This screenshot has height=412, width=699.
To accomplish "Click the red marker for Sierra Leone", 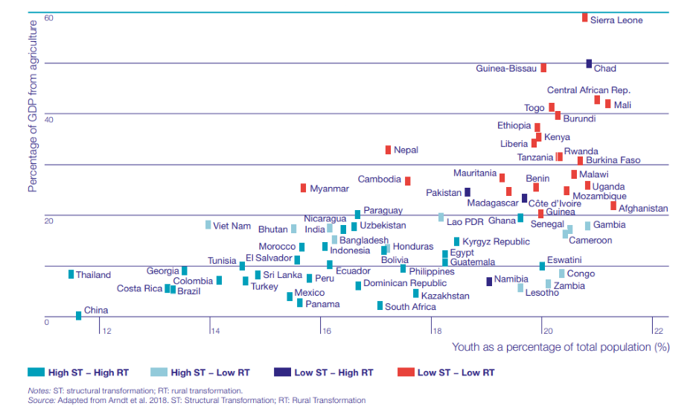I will pyautogui.click(x=584, y=17).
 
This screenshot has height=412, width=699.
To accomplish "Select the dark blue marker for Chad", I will pyautogui.click(x=589, y=64).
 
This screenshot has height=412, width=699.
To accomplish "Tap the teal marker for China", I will pyautogui.click(x=78, y=315).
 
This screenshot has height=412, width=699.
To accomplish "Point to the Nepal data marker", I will pyautogui.click(x=388, y=150).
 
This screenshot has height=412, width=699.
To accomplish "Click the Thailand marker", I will pyautogui.click(x=71, y=274).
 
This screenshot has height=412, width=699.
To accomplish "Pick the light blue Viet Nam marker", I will pyautogui.click(x=208, y=225).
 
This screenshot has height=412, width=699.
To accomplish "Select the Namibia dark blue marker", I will pyautogui.click(x=489, y=282).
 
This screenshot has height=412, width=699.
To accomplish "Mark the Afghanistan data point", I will pyautogui.click(x=613, y=206).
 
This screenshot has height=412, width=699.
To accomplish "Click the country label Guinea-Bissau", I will pyautogui.click(x=506, y=69).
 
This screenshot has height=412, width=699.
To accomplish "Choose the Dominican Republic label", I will pyautogui.click(x=405, y=283).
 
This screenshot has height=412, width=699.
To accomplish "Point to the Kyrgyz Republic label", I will pyautogui.click(x=496, y=241).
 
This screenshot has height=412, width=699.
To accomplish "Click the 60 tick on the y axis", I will pyautogui.click(x=48, y=17).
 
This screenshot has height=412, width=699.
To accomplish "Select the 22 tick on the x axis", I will pyautogui.click(x=658, y=330).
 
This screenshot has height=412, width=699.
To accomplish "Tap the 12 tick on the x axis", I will pyautogui.click(x=106, y=330).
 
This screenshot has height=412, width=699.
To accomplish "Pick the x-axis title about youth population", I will pyautogui.click(x=560, y=346).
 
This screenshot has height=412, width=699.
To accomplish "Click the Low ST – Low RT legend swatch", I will pyautogui.click(x=405, y=372).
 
